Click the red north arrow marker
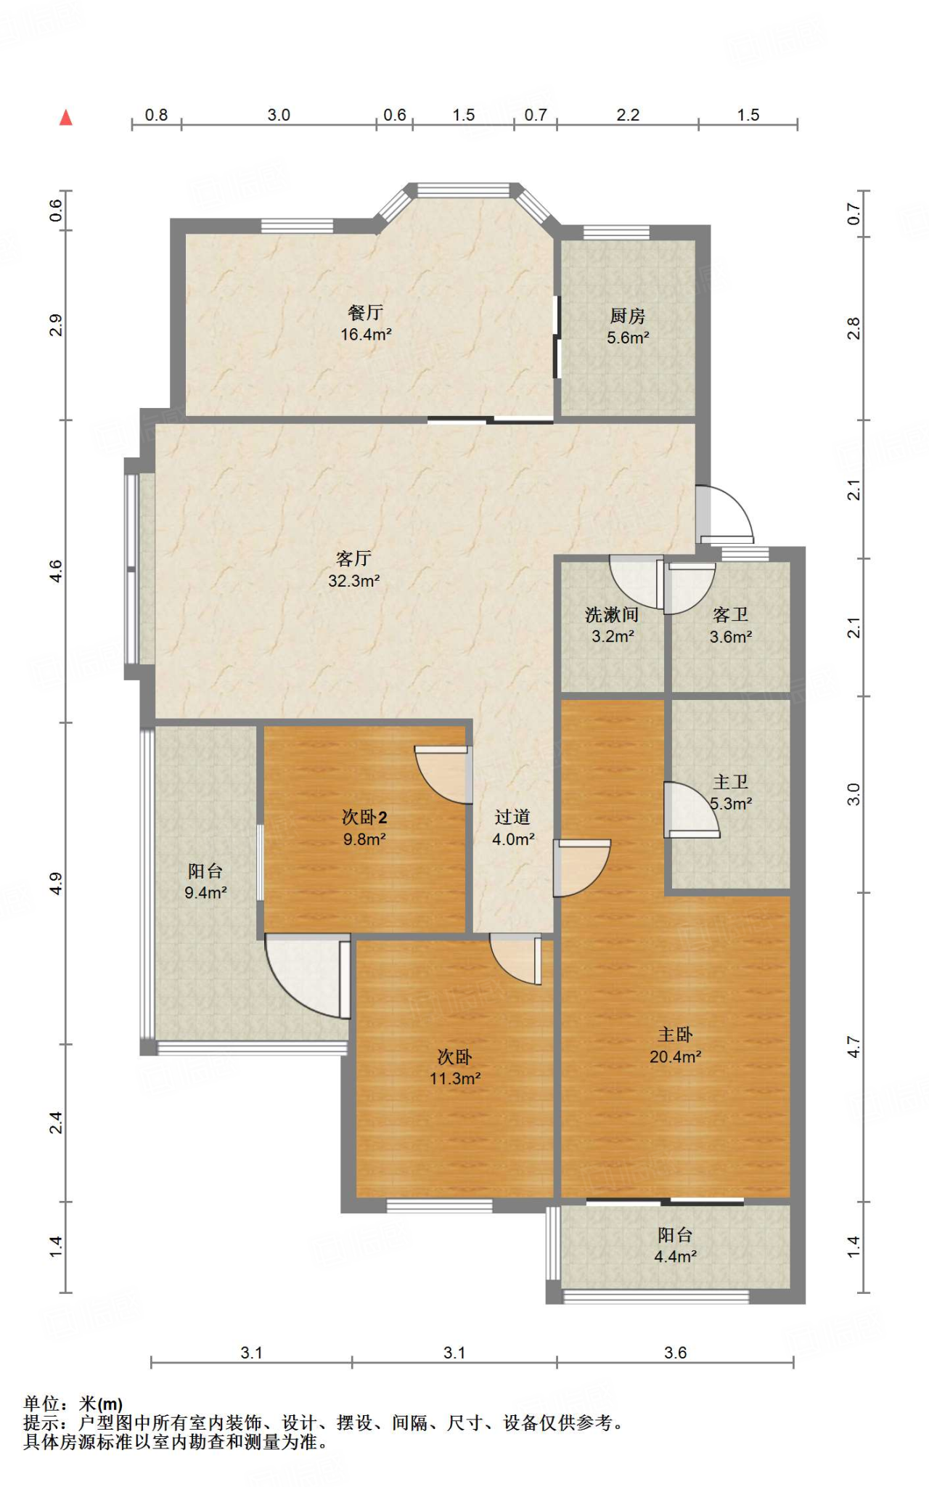point(66,118)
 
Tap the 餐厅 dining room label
point(365,313)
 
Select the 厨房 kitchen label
point(628,316)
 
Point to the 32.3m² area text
point(354,581)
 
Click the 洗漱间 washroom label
point(612,615)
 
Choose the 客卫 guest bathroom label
point(730,615)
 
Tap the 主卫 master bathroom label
point(730,782)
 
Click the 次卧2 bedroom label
point(364,818)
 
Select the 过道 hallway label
point(512,818)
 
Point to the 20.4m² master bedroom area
point(675,1057)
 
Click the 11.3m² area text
point(455,1079)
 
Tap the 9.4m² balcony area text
point(205,893)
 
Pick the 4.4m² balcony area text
point(675,1257)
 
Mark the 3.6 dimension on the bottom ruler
point(675,1353)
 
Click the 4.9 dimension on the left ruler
point(56,884)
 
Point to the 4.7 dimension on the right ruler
point(854,1047)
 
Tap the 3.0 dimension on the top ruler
point(279,115)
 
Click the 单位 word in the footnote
point(41,1404)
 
